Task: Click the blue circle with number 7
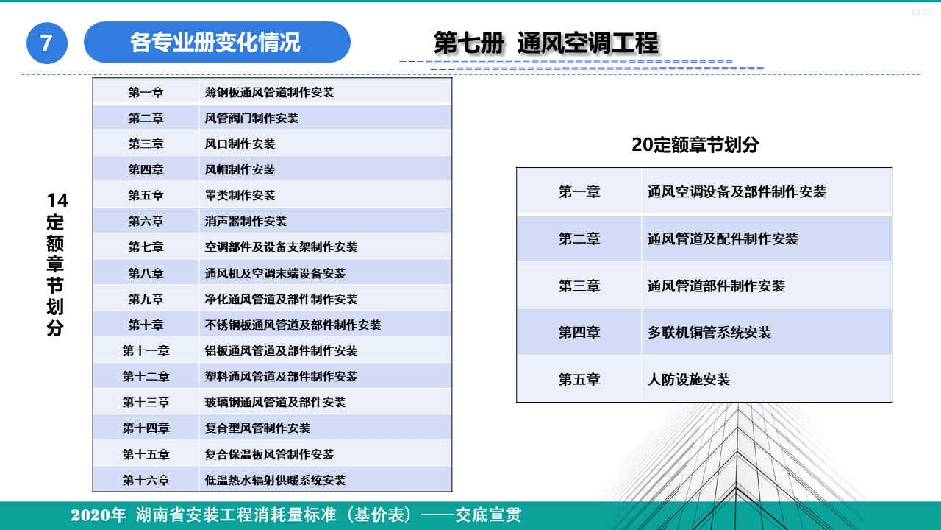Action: pos(47,43)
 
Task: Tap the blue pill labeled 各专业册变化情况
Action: pos(216,42)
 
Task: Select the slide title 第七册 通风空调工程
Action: pos(545,43)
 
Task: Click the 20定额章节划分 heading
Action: pos(695,145)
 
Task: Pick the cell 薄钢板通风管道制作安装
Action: pos(269,92)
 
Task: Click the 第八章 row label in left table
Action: pos(146,273)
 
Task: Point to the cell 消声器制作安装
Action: pos(246,221)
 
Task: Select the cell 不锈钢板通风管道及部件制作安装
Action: pos(293,325)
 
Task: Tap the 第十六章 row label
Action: pos(146,480)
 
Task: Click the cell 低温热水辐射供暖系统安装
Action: pos(275,480)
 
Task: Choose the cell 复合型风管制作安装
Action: pos(257,428)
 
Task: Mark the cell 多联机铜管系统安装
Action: pos(709,332)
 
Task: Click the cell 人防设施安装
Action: pos(688,379)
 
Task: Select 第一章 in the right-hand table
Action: pos(579,191)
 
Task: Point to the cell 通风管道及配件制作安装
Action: pos(722,239)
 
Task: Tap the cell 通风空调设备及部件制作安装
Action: pos(737,191)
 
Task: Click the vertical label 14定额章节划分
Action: pos(56,264)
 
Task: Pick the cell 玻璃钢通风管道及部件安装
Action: pos(275,402)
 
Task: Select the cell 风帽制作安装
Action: pos(240,169)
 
